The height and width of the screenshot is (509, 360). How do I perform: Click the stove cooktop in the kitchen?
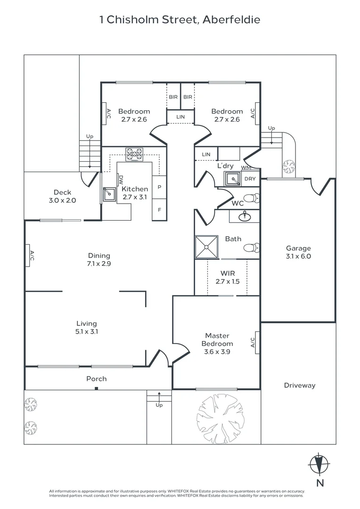click(x=134, y=154)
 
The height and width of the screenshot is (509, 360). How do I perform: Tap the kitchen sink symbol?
click(x=109, y=195)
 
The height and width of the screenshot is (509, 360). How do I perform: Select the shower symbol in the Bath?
click(x=206, y=247)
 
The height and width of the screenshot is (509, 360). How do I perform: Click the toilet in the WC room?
click(x=252, y=198)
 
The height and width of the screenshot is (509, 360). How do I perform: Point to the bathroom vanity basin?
click(x=245, y=216)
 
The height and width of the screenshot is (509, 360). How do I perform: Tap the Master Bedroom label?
click(x=217, y=339)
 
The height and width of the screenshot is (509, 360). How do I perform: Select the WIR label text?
click(x=228, y=273)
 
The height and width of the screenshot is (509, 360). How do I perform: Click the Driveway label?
click(x=300, y=386)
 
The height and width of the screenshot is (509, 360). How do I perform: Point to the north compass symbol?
click(x=320, y=465)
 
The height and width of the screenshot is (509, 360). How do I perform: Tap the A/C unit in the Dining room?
click(x=28, y=255)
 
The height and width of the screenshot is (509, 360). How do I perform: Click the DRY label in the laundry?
click(x=250, y=179)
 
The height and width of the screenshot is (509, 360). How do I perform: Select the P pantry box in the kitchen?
click(x=159, y=187)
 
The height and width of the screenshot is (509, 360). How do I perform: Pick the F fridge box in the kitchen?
click(x=159, y=210)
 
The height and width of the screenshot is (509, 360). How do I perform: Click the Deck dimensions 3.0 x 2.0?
click(x=62, y=200)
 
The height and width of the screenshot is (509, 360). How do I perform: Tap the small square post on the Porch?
click(x=97, y=388)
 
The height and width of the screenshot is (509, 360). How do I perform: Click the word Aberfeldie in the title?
click(x=231, y=20)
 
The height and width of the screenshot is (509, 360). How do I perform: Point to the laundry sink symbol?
click(x=233, y=179)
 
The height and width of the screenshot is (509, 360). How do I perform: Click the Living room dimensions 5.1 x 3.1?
click(x=87, y=331)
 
